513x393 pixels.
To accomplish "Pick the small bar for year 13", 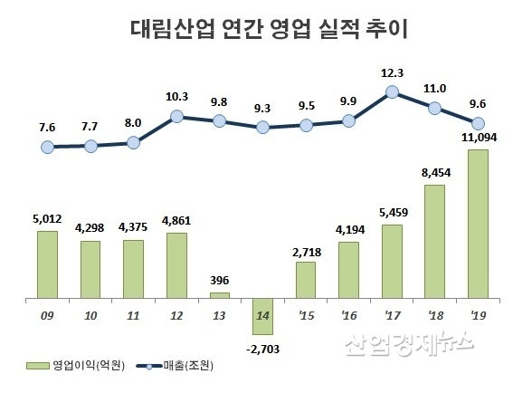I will (x=220, y=295).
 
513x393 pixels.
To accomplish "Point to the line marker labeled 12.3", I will (x=392, y=91).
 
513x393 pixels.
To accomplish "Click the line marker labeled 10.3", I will (x=177, y=117).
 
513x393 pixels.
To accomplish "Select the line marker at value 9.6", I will (x=479, y=123).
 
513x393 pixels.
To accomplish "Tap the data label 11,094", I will (x=479, y=138).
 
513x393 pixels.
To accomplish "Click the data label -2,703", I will (x=263, y=345).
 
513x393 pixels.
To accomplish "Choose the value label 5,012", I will (x=47, y=218).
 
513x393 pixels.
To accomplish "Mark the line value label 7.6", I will (x=47, y=128).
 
